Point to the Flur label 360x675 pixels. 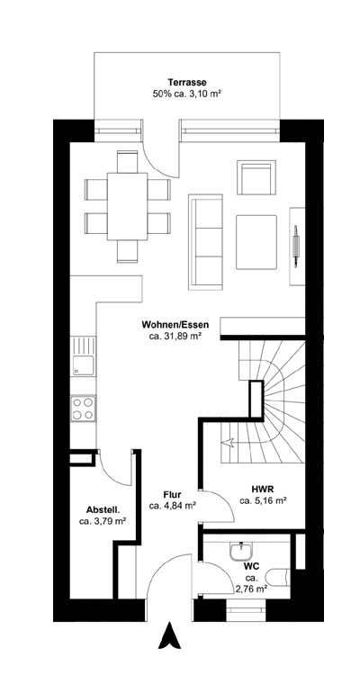(173, 494)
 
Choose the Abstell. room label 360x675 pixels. (102, 507)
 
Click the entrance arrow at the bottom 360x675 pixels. (165, 637)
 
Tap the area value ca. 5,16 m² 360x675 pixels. (264, 499)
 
